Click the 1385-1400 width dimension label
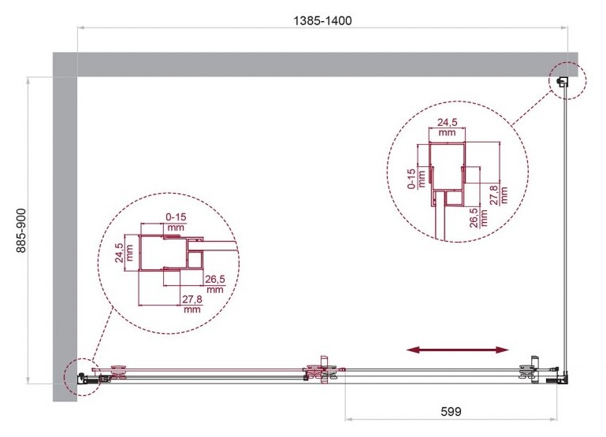point(323,20)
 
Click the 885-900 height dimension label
point(20,231)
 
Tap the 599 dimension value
point(451,412)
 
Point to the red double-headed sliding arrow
point(458,350)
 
